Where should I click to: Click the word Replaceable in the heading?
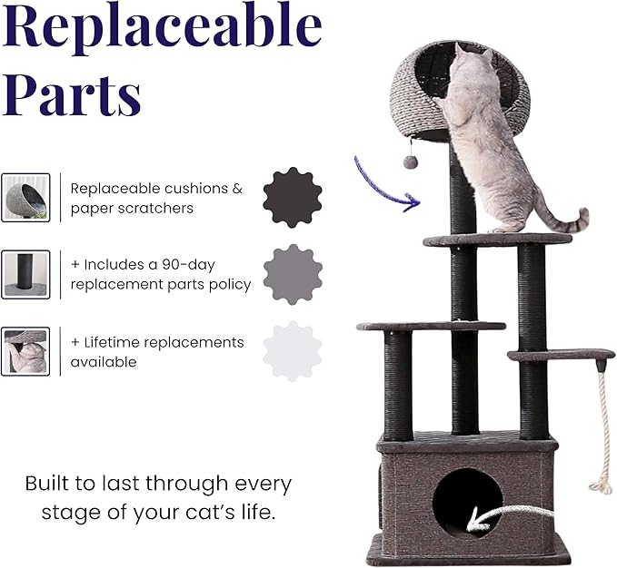(162, 29)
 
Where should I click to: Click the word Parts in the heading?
(72, 93)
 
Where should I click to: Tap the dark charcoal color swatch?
(293, 197)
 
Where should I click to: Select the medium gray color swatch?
(293, 273)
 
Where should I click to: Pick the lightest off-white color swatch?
(293, 350)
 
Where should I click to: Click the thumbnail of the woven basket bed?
(25, 197)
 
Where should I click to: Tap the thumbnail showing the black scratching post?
(25, 275)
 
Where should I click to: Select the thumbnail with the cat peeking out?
(25, 351)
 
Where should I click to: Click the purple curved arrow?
(383, 185)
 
